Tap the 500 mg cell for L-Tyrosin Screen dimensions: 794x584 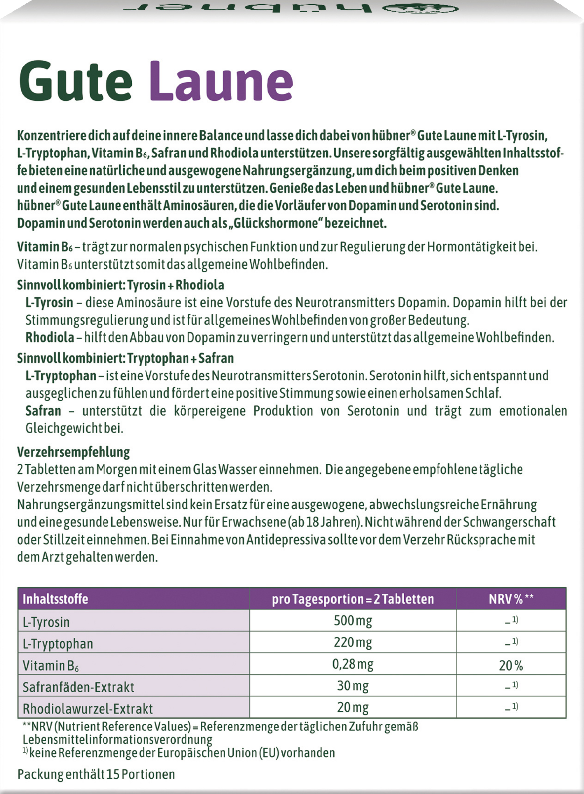[353, 621]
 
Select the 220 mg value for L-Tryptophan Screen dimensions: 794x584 [353, 642]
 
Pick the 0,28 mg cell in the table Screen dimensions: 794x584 [353, 664]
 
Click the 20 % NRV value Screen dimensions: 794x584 [511, 666]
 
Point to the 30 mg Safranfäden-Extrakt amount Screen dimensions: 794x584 [353, 686]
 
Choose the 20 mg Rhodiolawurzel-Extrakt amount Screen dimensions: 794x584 [353, 707]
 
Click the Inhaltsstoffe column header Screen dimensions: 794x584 [56, 599]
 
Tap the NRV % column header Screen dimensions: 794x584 [511, 599]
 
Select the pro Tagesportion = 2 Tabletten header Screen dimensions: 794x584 [353, 599]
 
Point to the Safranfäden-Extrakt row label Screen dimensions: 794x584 [78, 687]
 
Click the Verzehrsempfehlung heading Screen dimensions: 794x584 [73, 452]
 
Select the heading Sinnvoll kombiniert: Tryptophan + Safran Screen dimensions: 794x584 [125, 358]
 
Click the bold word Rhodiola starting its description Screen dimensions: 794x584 [50, 337]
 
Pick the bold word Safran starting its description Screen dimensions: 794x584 [43, 411]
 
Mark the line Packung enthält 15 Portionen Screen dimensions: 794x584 [96, 774]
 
